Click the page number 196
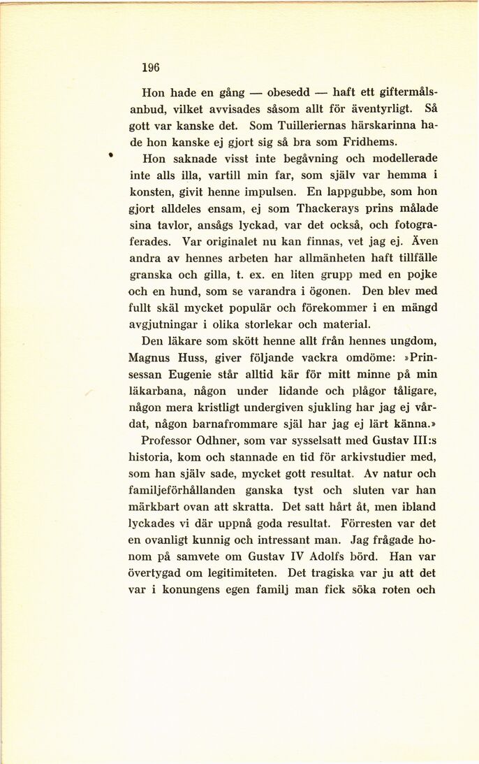[150, 68]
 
